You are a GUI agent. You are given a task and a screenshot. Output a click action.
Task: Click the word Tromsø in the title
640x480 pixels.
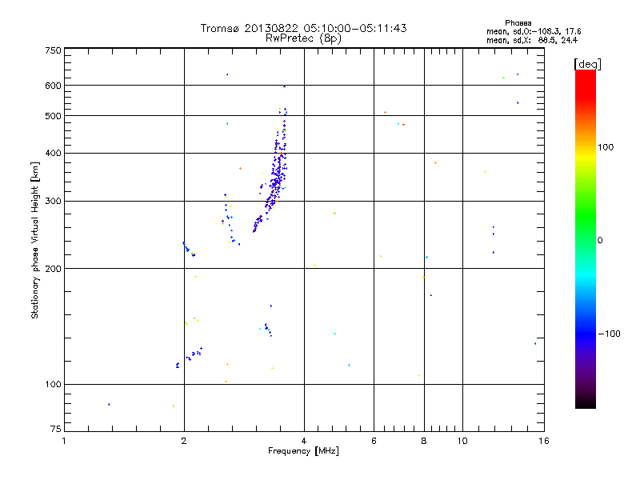[x=220, y=28]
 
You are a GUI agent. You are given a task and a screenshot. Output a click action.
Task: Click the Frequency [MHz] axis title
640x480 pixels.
[x=303, y=452]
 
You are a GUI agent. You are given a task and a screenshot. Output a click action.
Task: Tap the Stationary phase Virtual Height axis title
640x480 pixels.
[x=35, y=239]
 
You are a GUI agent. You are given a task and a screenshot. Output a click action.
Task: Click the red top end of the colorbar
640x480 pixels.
[x=585, y=74]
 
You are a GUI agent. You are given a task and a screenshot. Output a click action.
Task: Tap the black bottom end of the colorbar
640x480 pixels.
[x=585, y=404]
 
